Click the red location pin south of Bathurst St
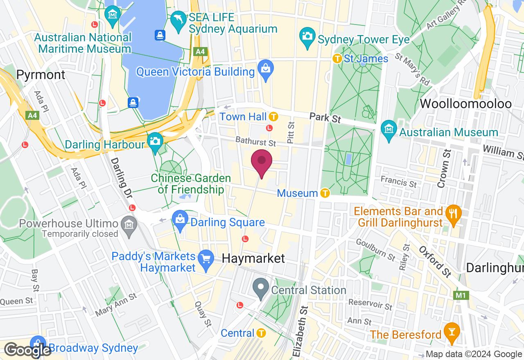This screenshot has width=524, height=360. tap(262, 162)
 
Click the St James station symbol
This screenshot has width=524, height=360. tap(337, 59)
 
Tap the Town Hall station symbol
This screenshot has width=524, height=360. tap(273, 117)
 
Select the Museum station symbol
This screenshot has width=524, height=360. tap(325, 193)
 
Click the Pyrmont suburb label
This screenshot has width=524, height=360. tap(41, 75)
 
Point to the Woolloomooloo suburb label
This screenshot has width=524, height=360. tap(465, 103)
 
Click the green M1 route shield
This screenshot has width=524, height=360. tap(460, 295)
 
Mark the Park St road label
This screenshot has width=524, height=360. tap(325, 118)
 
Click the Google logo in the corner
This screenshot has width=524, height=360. tap(28, 350)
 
